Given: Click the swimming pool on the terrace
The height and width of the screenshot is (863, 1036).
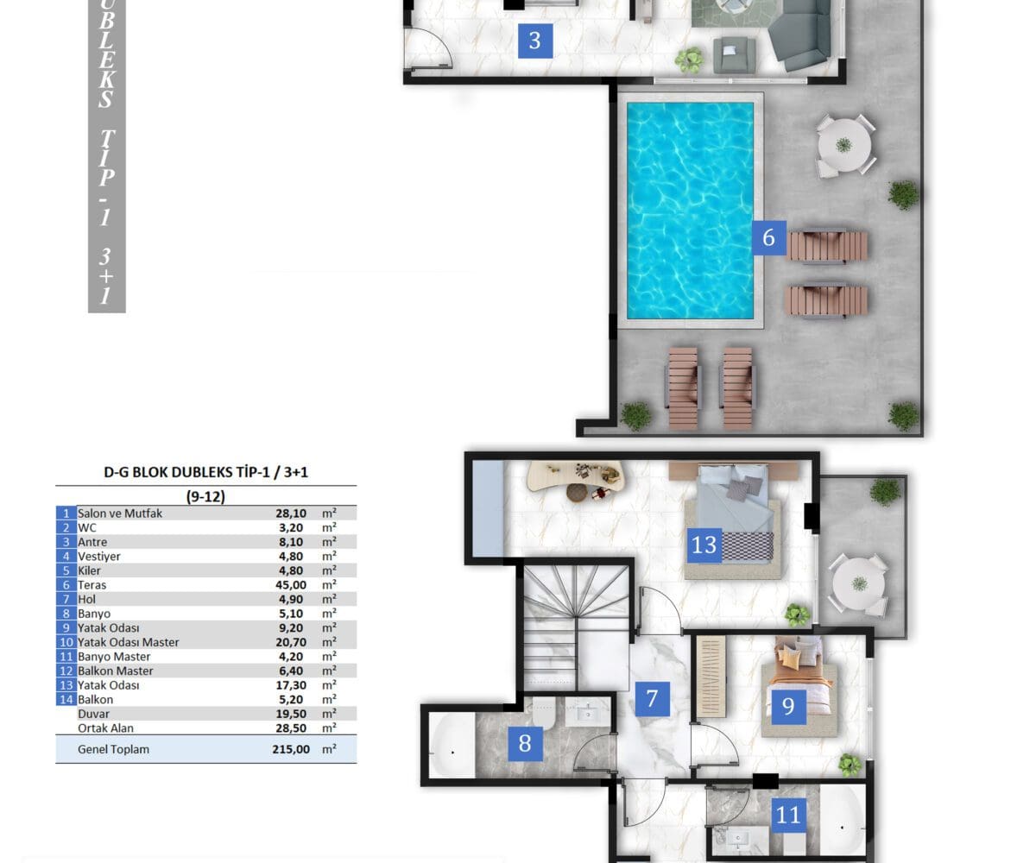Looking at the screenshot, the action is [x=690, y=211].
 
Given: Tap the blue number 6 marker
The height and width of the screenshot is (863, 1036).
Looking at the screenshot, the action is [x=768, y=237].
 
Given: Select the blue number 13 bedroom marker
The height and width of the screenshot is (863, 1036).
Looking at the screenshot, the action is [x=704, y=545].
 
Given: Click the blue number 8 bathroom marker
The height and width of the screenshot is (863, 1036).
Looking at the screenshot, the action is [x=525, y=743].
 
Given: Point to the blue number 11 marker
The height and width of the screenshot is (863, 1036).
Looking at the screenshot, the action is [x=788, y=815].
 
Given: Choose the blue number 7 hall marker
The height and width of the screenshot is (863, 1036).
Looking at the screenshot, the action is [x=653, y=699].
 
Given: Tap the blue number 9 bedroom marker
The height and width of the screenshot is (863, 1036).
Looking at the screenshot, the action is [x=788, y=706].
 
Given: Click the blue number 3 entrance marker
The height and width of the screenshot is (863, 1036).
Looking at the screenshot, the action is [x=535, y=41].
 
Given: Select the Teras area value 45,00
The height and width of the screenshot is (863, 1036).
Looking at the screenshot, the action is [x=291, y=585].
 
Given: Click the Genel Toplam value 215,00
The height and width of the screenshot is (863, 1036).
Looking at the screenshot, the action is [x=291, y=749].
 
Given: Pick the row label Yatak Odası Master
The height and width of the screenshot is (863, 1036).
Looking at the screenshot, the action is [x=128, y=642].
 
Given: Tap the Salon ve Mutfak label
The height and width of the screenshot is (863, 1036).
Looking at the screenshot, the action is [x=120, y=513].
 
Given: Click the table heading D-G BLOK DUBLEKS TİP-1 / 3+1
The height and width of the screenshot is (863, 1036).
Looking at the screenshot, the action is [x=206, y=472].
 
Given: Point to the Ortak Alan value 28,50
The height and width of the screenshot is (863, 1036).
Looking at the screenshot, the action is [x=291, y=728].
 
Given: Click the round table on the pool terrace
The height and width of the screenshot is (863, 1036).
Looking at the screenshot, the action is [x=844, y=145].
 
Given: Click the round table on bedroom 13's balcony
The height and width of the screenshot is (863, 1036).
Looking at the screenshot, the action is [x=859, y=583].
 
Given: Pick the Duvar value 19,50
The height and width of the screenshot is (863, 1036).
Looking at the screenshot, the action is [x=291, y=714].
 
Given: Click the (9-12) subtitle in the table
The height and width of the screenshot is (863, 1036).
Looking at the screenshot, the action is [x=206, y=496].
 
